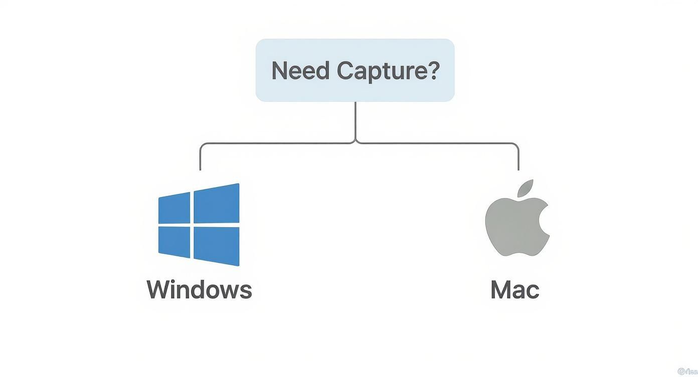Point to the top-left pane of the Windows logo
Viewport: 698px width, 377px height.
tap(174, 208)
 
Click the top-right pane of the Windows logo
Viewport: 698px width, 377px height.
tap(217, 204)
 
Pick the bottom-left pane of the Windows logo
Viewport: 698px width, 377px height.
tap(174, 241)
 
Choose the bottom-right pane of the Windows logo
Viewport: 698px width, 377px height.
tap(217, 246)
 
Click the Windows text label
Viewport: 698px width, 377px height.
tap(199, 290)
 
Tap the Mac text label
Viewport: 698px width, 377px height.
tap(514, 290)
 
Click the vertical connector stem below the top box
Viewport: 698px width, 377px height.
tap(356, 120)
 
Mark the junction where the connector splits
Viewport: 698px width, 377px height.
tap(356, 143)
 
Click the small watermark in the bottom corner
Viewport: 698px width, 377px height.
tap(686, 371)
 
